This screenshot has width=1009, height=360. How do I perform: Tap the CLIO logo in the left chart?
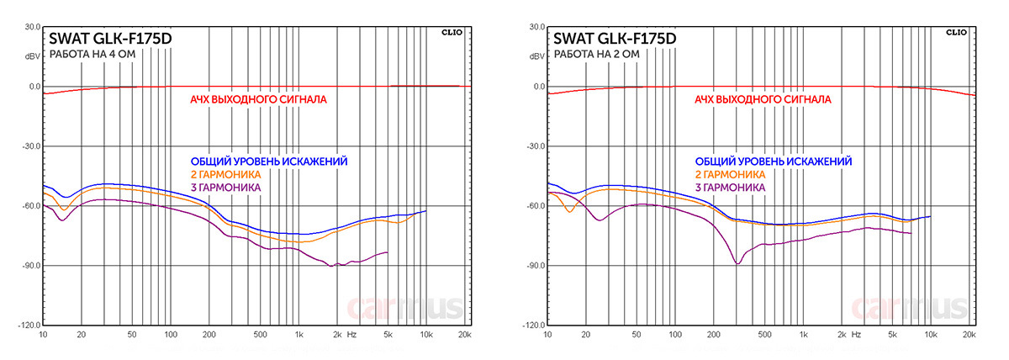click(x=452, y=31)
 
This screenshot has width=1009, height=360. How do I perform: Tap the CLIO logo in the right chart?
click(x=957, y=31)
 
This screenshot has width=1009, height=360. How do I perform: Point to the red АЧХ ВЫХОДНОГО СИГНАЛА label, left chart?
click(x=258, y=99)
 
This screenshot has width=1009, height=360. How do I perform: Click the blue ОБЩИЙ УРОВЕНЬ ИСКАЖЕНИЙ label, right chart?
click(x=773, y=161)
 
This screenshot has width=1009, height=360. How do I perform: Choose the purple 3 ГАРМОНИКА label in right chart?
click(x=731, y=186)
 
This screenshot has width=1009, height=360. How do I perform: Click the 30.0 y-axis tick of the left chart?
click(x=32, y=27)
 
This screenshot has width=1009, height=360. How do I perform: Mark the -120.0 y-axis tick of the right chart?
click(x=534, y=326)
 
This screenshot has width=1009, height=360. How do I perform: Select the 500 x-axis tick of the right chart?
click(x=764, y=335)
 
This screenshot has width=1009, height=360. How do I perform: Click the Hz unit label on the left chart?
click(x=351, y=335)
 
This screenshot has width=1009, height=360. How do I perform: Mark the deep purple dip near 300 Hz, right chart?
click(x=738, y=263)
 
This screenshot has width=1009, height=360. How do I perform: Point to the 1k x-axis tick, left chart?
click(x=298, y=335)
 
